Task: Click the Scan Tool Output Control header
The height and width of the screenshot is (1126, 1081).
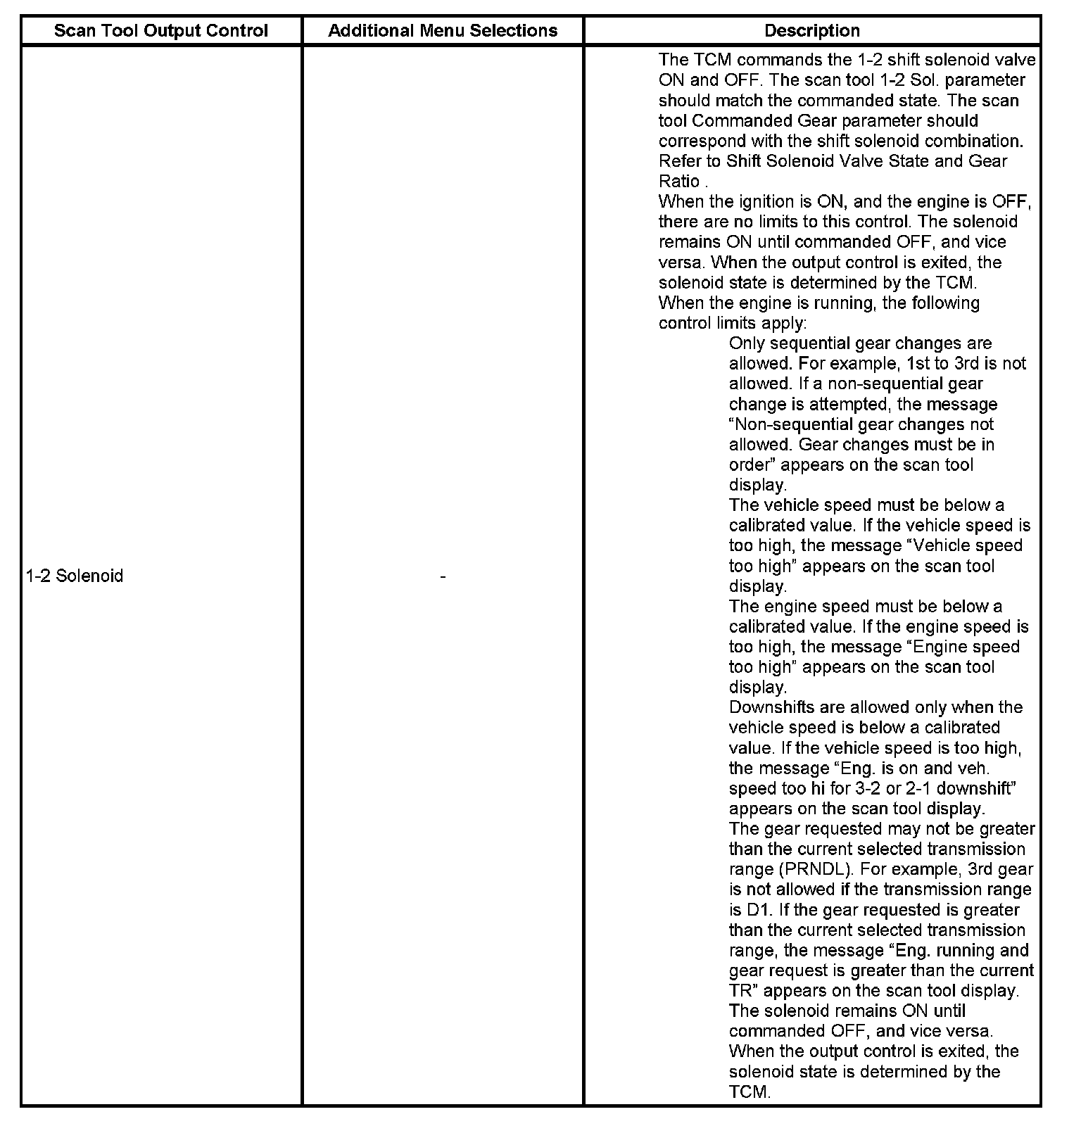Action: click(x=160, y=31)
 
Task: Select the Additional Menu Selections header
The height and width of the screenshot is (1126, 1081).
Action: click(x=443, y=31)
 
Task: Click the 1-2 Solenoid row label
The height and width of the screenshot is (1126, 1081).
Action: click(x=75, y=576)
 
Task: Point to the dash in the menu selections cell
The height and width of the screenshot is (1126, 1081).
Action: click(x=442, y=576)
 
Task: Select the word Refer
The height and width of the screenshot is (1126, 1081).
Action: click(x=680, y=161)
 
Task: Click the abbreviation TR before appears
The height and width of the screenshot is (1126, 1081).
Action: click(x=742, y=991)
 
